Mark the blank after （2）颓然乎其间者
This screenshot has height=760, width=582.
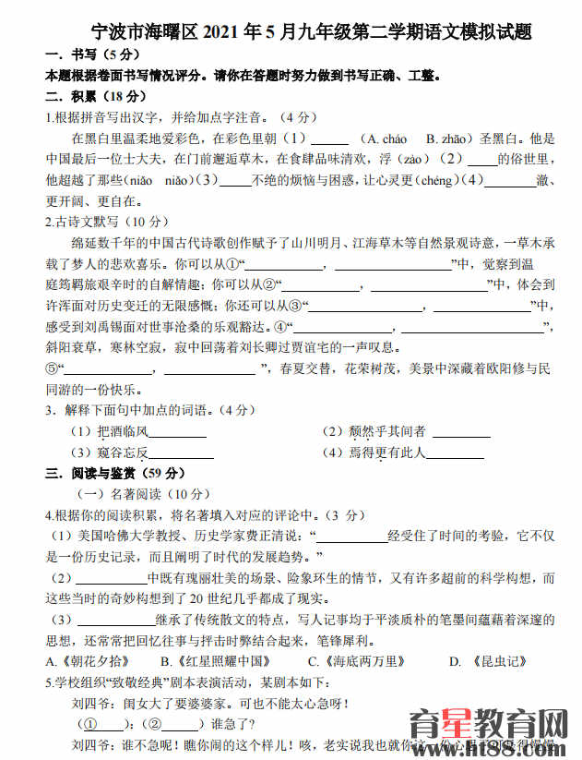(x=460, y=431)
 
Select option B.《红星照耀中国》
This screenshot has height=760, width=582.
(x=215, y=660)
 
